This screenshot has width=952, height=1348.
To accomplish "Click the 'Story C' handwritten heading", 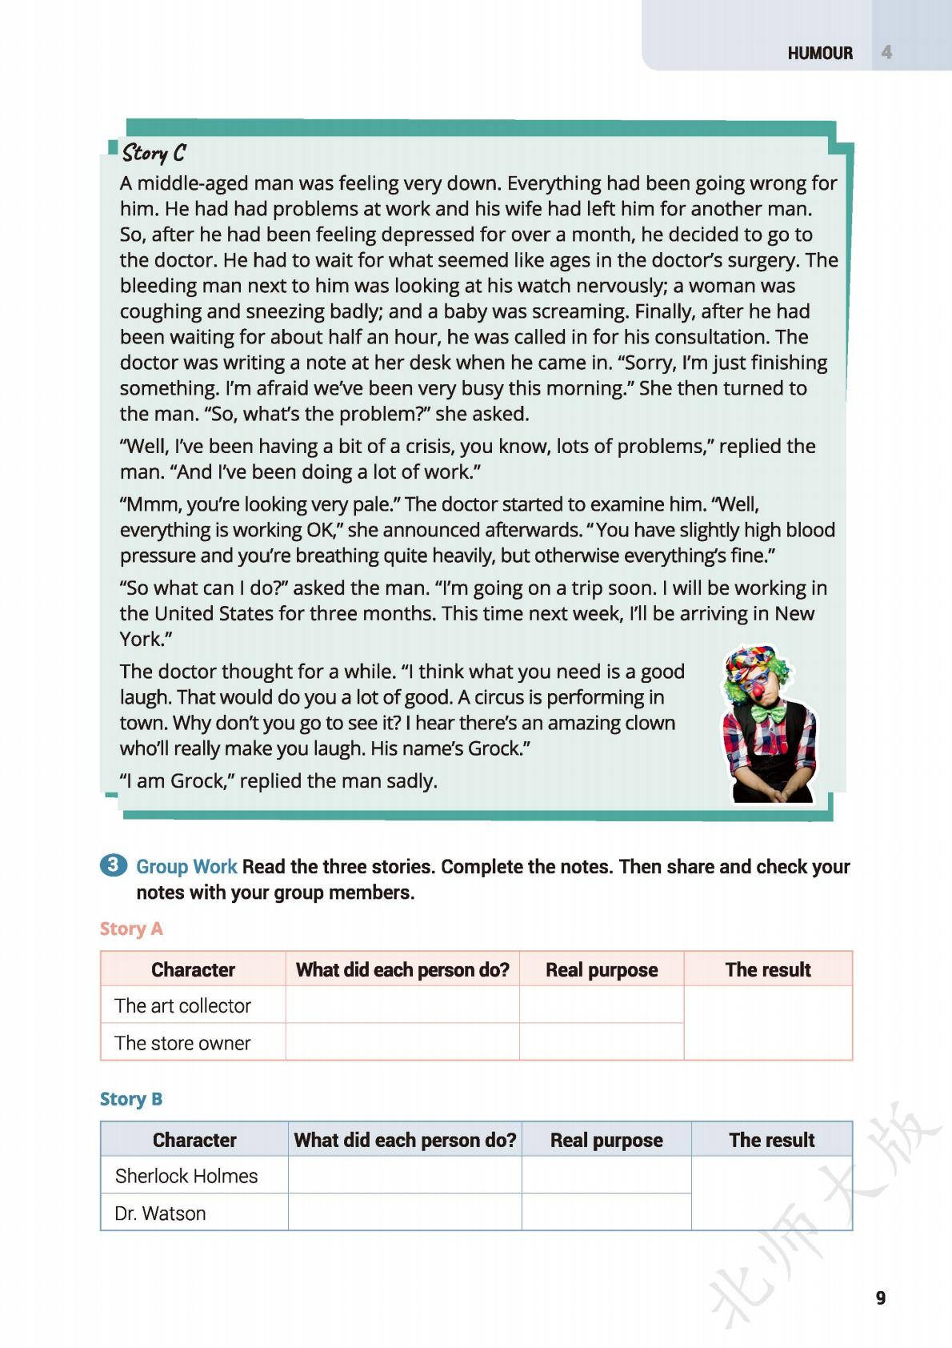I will tap(154, 152).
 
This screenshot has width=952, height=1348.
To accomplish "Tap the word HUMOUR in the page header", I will tap(820, 53).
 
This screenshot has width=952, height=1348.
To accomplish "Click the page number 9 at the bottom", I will tap(881, 1298).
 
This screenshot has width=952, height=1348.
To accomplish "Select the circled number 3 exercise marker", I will tap(113, 865).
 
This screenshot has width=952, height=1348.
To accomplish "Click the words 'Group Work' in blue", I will tap(186, 867).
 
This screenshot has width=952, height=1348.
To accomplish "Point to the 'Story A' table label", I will tap(131, 929).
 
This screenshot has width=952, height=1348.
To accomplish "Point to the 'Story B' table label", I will tap(131, 1099).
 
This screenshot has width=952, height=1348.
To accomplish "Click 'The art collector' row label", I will tap(182, 1005).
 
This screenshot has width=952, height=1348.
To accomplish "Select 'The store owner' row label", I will tap(182, 1043).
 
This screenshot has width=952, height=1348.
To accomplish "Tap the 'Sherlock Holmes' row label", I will tap(186, 1176).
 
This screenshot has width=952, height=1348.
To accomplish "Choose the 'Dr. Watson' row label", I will tap(160, 1214).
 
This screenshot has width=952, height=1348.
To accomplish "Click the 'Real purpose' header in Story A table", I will tap(602, 970).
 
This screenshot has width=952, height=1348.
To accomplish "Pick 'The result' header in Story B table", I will tap(771, 1140).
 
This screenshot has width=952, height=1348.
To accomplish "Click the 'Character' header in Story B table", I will tap(194, 1140).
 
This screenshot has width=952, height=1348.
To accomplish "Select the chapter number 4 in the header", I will tap(886, 53).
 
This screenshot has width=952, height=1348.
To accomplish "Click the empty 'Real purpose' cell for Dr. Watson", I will tap(606, 1213).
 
